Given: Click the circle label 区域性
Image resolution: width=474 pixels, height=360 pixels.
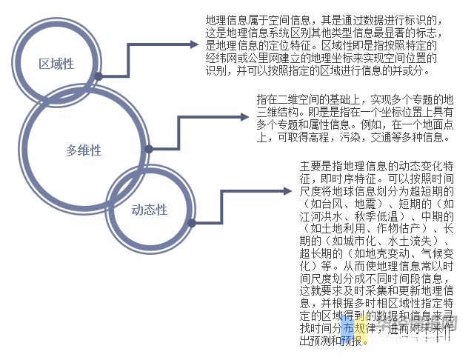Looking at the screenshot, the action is (x=56, y=64).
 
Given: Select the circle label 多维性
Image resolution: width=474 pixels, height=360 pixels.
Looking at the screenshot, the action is (x=82, y=150).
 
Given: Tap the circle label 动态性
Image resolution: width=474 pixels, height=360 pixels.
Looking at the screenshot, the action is (x=150, y=210).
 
